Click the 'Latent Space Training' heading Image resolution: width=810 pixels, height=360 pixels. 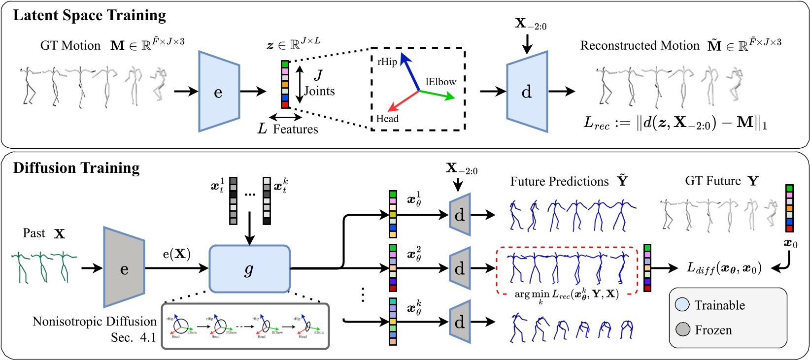tap(89, 16)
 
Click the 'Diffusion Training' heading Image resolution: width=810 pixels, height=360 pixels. tap(76, 168)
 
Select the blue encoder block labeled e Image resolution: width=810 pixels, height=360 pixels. tap(219, 92)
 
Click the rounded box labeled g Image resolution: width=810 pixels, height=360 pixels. tap(249, 269)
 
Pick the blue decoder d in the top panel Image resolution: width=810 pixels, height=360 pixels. tap(527, 92)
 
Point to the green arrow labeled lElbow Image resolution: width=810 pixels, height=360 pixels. tap(438, 95)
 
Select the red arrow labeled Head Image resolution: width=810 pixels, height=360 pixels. tap(403, 101)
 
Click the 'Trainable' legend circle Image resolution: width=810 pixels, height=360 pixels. tap(682, 305)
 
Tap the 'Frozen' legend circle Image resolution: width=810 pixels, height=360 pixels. tap(682, 329)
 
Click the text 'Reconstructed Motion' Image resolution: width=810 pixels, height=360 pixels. tap(640, 46)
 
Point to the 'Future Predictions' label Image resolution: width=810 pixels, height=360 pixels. tap(559, 182)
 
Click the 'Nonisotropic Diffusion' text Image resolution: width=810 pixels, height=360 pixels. tap(94, 322)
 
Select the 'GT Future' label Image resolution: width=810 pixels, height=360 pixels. tap(712, 181)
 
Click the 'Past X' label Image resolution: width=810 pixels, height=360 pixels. tap(44, 233)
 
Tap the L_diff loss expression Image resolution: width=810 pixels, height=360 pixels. tap(724, 268)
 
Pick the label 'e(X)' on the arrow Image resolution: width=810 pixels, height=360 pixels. tap(176, 254)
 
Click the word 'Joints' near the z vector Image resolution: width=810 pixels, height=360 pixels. tap(319, 91)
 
